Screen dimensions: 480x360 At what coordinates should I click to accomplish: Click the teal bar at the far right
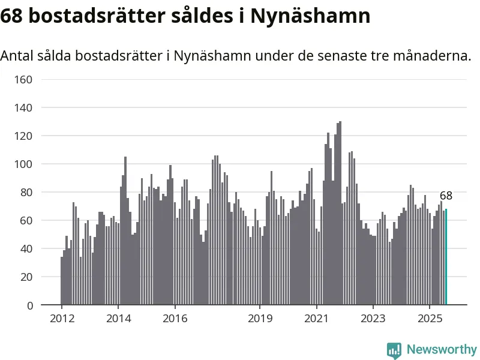446,257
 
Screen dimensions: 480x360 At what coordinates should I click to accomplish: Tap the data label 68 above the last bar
446,196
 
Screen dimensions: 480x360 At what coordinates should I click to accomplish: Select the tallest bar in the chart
340,213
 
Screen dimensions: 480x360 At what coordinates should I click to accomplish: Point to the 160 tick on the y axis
23,80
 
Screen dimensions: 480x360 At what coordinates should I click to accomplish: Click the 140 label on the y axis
23,108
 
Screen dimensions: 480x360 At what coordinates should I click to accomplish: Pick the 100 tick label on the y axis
23,164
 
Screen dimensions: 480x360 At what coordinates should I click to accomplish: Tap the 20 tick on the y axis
26,277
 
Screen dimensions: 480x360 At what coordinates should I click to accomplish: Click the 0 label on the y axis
29,305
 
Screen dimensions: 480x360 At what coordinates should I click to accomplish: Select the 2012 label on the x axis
62,319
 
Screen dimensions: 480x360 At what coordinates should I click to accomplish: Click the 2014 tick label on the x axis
118,319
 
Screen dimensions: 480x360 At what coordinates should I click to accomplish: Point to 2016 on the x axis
175,319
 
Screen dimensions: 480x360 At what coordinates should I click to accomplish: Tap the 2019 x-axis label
260,319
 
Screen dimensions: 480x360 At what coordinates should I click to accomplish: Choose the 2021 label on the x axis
316,319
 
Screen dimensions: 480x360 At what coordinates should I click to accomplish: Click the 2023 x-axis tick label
373,319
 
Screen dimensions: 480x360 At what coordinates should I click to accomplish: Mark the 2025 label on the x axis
430,319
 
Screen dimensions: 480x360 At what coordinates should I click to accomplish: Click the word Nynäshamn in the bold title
310,16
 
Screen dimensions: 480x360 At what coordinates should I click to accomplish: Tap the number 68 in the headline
11,16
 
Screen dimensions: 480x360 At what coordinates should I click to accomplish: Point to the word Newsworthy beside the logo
442,349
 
